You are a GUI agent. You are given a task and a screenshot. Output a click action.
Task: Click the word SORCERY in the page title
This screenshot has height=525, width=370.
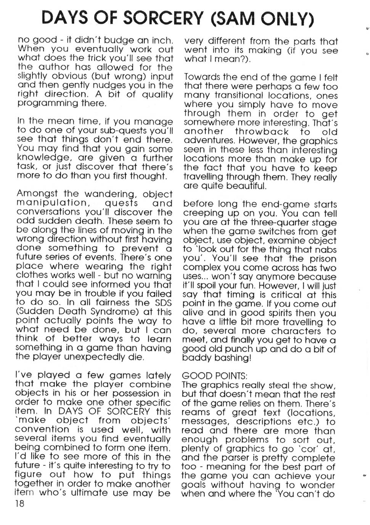point(164,18)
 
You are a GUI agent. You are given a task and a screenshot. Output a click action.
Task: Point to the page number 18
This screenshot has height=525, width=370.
point(19,504)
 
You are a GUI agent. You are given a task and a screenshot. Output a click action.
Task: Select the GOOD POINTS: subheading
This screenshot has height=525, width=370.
point(214,376)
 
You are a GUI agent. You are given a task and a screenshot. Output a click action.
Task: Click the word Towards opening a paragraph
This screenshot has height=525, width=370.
point(203,78)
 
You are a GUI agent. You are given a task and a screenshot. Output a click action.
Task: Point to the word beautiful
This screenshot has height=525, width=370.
point(246,186)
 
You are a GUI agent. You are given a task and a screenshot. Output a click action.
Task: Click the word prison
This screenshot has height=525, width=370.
point(322,258)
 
